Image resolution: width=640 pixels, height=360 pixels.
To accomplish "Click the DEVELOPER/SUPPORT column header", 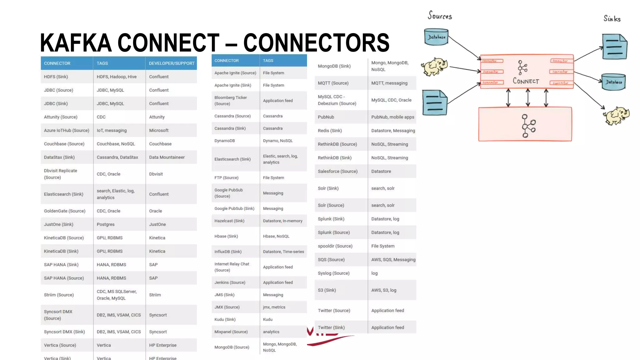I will pos(172,63).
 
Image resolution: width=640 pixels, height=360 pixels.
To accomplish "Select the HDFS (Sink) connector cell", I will pos(56,77).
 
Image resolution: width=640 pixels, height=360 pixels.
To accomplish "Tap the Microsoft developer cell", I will pos(159,130).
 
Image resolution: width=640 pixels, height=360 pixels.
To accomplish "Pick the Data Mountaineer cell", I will pos(167,157).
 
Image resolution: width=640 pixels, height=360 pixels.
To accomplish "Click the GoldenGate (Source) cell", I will pos(65,211).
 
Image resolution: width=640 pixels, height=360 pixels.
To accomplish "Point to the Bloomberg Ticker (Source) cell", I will pos(231,101).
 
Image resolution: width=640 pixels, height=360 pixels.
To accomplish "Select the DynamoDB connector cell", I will pos(225,141).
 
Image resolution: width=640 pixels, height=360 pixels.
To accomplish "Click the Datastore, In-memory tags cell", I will pos(282,221).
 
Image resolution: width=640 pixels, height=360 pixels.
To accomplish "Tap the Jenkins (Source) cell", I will pos(230,282).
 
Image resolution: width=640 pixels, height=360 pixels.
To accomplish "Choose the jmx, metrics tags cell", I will pos(274,307).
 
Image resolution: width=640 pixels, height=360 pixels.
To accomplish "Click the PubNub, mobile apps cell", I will pos(392,117).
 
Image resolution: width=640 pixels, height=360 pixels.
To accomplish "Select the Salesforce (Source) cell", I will pos(337,171).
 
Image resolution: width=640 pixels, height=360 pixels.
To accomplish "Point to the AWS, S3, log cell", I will pos(384,290).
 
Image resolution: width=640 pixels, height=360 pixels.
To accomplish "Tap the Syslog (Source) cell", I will pos(333,273).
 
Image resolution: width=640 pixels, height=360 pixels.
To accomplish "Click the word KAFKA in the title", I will pos(76,43).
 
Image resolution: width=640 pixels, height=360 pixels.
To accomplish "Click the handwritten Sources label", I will pos(440,15).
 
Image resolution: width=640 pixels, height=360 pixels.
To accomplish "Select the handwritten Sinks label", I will pos(612,19).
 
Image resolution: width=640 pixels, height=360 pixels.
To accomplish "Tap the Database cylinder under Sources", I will pos(436,37).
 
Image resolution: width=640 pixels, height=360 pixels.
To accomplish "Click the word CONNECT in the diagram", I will pos(526,81).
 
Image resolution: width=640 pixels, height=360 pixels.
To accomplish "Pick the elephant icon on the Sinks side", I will pos(616,115).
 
